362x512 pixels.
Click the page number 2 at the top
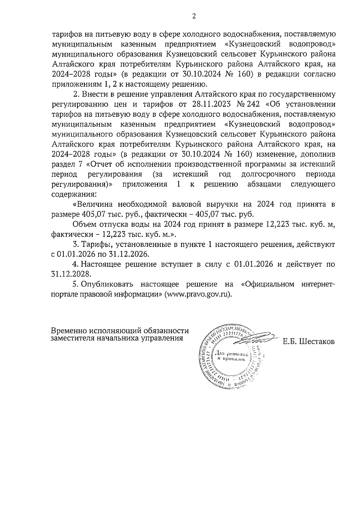[x=194, y=17]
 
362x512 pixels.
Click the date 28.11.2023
[x=213, y=104]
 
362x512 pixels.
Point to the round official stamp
[x=231, y=357]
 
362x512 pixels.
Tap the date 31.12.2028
[x=71, y=274]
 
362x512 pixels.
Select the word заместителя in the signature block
[x=72, y=338]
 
